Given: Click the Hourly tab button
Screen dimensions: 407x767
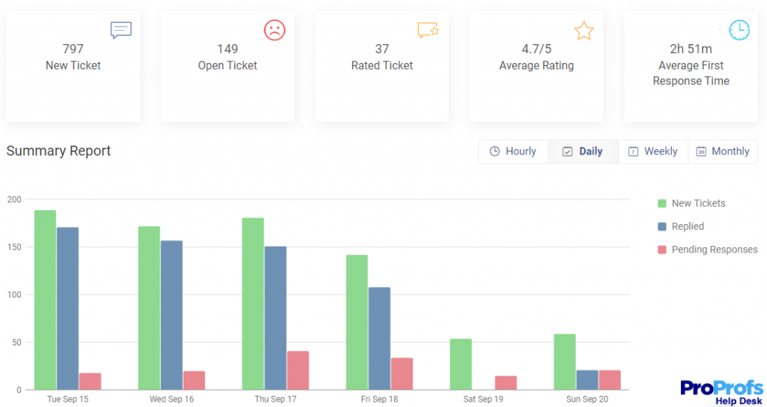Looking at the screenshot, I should click(x=513, y=151).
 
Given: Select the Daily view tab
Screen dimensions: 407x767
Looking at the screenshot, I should click(x=583, y=151).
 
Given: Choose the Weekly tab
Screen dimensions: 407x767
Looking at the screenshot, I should click(x=652, y=151).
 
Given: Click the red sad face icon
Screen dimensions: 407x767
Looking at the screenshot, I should click(x=275, y=30).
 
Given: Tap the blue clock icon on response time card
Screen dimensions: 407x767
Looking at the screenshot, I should click(x=739, y=30).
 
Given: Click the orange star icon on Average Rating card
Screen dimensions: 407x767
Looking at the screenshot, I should click(x=583, y=31).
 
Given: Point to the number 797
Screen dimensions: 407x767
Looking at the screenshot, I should click(x=73, y=49).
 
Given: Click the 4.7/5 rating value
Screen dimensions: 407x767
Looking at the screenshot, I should click(x=536, y=49).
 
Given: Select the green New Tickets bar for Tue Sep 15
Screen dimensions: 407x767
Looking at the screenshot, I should click(x=45, y=300).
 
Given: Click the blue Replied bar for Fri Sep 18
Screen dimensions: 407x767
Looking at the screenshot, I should click(x=379, y=338).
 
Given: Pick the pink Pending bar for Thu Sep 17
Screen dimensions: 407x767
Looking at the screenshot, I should click(x=297, y=370).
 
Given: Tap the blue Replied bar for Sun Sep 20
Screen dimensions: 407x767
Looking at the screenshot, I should click(x=587, y=380).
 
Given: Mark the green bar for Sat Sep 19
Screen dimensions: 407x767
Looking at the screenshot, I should click(x=461, y=364).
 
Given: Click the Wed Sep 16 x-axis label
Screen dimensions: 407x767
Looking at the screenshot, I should click(x=172, y=399).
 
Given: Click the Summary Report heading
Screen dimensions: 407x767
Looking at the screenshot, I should click(x=58, y=151).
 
